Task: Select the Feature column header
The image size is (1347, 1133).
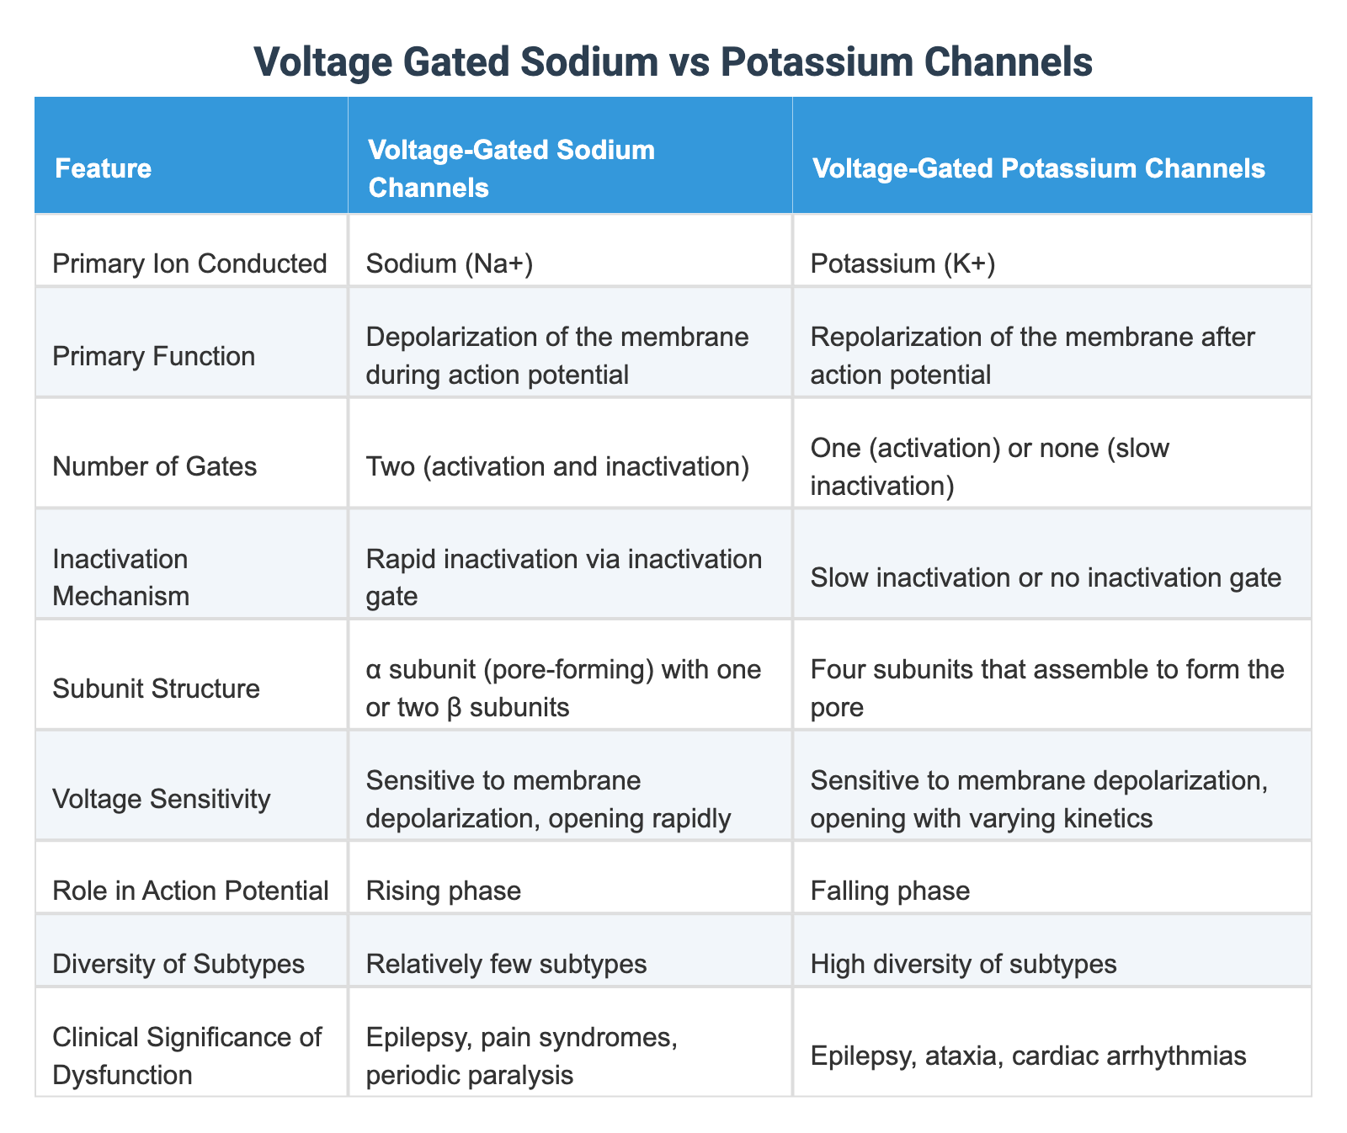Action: [104, 169]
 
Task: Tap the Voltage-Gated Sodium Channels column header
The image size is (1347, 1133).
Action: [511, 169]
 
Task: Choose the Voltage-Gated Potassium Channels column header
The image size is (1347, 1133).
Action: [1038, 169]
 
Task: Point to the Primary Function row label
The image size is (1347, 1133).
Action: [153, 356]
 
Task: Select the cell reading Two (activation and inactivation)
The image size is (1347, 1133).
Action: [558, 465]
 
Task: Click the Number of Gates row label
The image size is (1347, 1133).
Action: [154, 465]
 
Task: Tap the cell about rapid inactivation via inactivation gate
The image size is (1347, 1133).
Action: [563, 577]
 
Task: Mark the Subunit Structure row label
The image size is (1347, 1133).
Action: [156, 689]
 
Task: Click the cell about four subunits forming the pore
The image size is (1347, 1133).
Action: [1047, 689]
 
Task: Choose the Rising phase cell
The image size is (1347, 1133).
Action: [444, 891]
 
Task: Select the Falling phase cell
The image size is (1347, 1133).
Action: [890, 891]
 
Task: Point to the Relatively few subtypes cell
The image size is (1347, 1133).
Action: [507, 964]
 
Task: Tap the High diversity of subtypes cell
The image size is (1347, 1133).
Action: [963, 964]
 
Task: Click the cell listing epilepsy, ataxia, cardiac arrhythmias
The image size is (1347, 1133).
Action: [1028, 1056]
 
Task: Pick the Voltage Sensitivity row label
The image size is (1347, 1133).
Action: [162, 798]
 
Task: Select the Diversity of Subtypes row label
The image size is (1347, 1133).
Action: [178, 964]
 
